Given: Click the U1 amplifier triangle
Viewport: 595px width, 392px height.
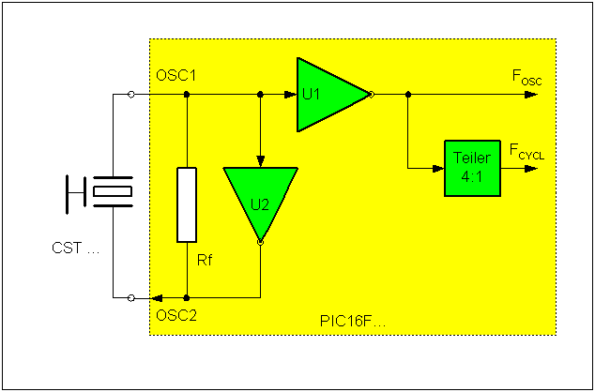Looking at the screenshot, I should click(324, 95).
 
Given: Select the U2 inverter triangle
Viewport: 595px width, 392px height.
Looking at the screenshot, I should click(260, 197).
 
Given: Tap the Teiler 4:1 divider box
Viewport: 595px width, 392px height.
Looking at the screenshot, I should click(472, 168).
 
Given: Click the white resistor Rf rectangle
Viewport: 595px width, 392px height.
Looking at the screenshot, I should click(188, 204).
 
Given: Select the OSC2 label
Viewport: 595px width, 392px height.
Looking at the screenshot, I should click(176, 314).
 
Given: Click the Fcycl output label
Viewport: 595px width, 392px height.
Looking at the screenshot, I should click(526, 149).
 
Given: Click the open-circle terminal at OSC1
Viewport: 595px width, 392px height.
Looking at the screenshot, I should click(130, 95).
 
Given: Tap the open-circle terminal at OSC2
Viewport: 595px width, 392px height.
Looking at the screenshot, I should click(130, 297).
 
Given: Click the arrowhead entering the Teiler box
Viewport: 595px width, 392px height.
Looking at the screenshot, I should click(437, 169).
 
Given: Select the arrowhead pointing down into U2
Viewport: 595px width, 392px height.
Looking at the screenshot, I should click(260, 160).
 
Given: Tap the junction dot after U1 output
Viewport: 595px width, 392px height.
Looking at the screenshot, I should click(407, 95).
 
